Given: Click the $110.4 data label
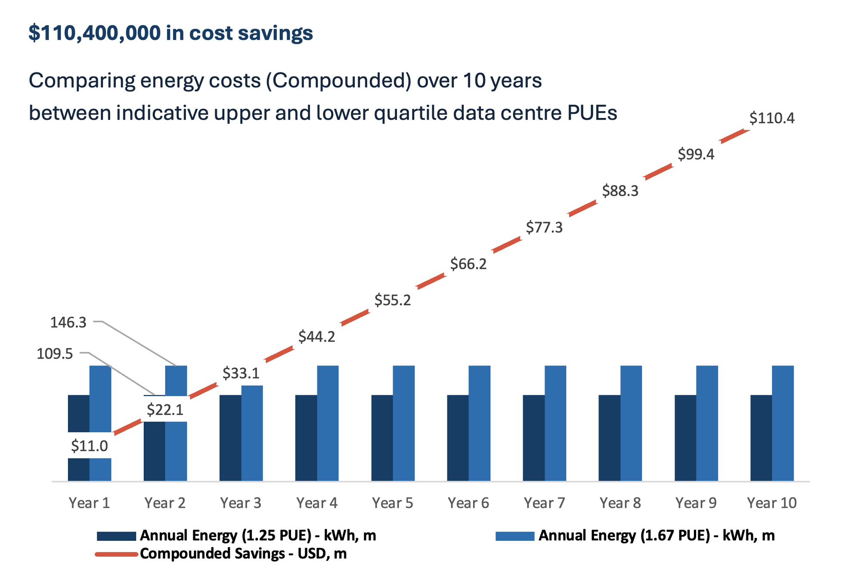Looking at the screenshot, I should point(771,118).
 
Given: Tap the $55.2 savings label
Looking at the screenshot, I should point(392,300).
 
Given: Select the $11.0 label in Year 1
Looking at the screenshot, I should point(89,446).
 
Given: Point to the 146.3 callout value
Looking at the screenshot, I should point(68,322).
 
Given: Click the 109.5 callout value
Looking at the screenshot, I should point(55,354).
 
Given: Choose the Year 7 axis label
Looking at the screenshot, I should point(544,503).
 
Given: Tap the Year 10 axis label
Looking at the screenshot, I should point(771,503).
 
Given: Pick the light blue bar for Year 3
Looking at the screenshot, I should point(252,433).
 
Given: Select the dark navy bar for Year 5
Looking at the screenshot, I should point(382,437).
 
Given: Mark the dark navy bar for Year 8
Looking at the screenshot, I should point(609,437).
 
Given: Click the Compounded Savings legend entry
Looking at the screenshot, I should point(243,554).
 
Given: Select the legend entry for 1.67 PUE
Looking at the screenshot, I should point(656,536).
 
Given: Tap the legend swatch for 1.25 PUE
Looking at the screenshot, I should point(116,536).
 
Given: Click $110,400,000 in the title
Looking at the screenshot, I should point(94,33).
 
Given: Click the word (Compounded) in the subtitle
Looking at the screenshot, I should point(338,81).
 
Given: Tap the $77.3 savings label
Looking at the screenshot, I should point(544,227).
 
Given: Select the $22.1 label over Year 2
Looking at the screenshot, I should point(165,409).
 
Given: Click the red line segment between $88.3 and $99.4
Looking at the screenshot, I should point(658,172).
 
